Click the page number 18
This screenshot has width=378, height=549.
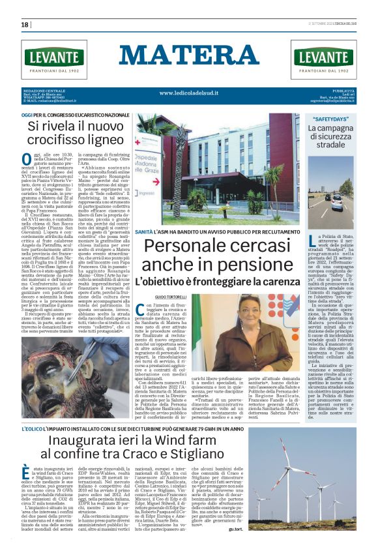click(x=25, y=24)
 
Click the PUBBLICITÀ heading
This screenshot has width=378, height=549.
click(x=343, y=90)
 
